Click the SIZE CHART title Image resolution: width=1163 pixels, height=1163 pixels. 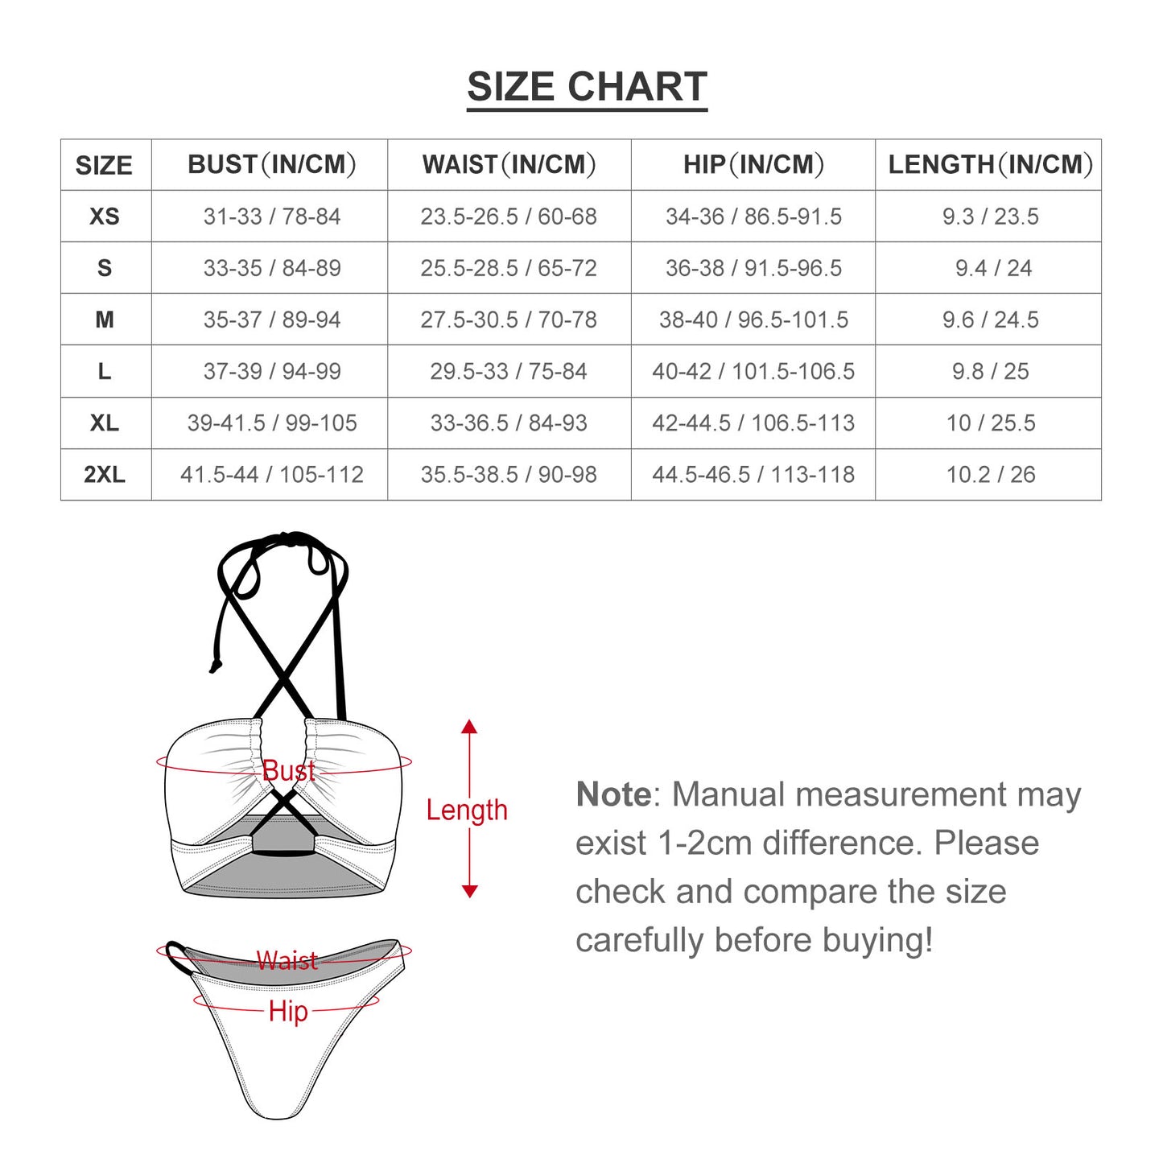[x=587, y=87]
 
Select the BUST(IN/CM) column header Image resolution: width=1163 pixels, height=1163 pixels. [x=271, y=164]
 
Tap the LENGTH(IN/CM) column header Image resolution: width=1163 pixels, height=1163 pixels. [x=990, y=164]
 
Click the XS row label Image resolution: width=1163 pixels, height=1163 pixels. [x=105, y=217]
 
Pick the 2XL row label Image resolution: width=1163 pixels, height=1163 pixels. [x=105, y=475]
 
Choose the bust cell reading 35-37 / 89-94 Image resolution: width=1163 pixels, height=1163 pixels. [x=271, y=320]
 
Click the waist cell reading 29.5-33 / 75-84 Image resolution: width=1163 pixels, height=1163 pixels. [x=509, y=372]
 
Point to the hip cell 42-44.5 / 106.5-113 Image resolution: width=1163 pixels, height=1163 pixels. [x=753, y=423]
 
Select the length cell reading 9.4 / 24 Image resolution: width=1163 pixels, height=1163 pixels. [x=993, y=268]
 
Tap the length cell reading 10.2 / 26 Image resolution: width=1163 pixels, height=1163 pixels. [x=990, y=475]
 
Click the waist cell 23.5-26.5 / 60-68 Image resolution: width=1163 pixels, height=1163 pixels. [x=509, y=217]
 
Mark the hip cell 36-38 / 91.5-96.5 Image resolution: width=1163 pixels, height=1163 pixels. [x=753, y=268]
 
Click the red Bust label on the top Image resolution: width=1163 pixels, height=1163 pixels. [x=289, y=771]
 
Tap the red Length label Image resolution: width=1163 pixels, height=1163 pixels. [x=467, y=810]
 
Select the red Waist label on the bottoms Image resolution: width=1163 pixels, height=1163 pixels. [x=287, y=960]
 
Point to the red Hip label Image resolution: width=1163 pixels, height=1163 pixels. [x=288, y=1011]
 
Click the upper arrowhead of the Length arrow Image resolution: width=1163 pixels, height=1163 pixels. [x=469, y=726]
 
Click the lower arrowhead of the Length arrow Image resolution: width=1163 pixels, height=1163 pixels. [x=469, y=892]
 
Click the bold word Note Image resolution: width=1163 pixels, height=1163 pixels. [x=613, y=794]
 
